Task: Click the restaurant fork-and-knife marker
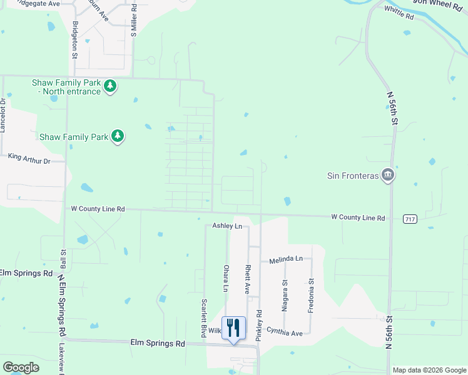tap(233, 327)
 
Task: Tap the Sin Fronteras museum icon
tap(387, 175)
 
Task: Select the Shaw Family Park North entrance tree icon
tap(110, 86)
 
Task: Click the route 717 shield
tap(410, 219)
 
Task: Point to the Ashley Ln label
tap(226, 226)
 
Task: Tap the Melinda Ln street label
tap(286, 259)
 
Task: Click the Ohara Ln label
tap(226, 278)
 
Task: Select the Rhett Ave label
tap(248, 279)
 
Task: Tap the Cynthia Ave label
tap(285, 331)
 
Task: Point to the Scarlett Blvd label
tap(204, 317)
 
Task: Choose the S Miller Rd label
tap(134, 21)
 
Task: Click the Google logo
tap(21, 367)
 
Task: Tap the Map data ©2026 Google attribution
tap(429, 370)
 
